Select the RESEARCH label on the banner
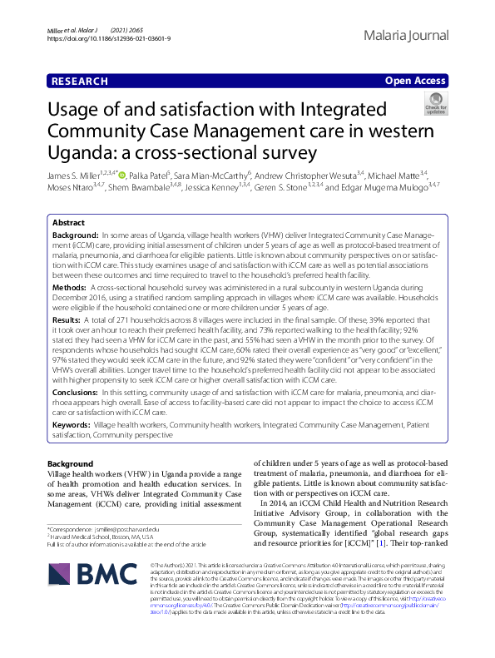(x=79, y=81)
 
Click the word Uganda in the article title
(x=81, y=153)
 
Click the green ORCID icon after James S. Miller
(x=122, y=176)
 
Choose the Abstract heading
(x=68, y=224)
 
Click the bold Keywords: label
(x=72, y=424)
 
